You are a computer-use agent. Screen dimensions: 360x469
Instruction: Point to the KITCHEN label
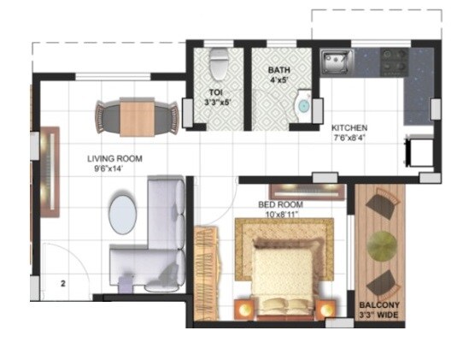coord(350,128)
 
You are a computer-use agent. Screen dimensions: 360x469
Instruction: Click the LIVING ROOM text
coord(114,159)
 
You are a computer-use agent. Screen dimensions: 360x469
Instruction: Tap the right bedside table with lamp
coord(326,309)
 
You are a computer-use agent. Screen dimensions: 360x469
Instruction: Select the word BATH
coord(278,70)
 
